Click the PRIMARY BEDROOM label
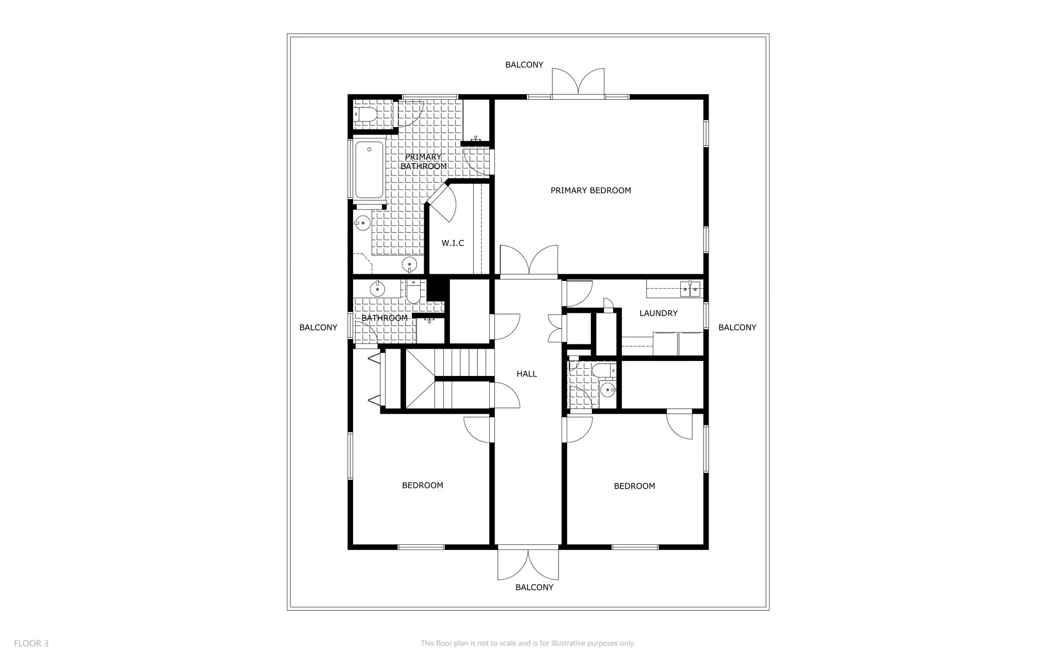[x=590, y=191]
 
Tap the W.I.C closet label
[x=453, y=243]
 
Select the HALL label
[x=526, y=374]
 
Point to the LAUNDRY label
[x=658, y=313]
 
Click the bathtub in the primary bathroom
[x=369, y=169]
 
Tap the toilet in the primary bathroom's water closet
[x=366, y=115]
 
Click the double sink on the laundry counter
[x=690, y=289]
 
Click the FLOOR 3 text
[x=31, y=643]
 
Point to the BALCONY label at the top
[x=524, y=65]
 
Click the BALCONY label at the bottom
[x=534, y=588]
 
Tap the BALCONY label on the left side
[x=318, y=327]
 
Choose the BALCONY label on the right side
[x=737, y=327]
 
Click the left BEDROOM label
[x=422, y=485]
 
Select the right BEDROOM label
[x=634, y=486]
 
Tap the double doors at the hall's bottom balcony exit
[x=528, y=565]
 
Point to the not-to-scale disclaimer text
[x=528, y=643]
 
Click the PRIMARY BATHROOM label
[x=423, y=162]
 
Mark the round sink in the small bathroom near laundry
[x=608, y=389]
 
